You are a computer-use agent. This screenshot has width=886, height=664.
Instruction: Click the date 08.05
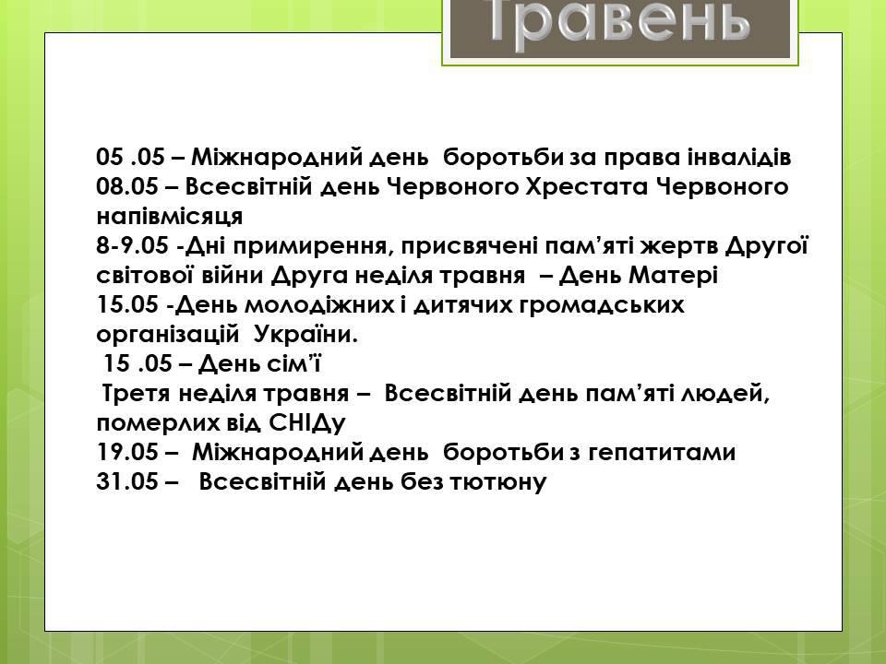tap(127, 186)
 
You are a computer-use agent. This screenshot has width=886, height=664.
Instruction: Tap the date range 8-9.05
tap(132, 245)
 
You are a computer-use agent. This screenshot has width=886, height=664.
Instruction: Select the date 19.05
tap(127, 452)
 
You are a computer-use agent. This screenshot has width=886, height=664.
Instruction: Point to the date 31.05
tap(127, 481)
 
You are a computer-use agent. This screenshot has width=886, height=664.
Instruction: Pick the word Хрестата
tap(587, 186)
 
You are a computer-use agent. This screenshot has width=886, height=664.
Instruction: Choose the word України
tap(305, 334)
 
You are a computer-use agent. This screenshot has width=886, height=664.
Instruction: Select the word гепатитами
tap(663, 453)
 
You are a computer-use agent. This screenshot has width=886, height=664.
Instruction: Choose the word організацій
tap(168, 335)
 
